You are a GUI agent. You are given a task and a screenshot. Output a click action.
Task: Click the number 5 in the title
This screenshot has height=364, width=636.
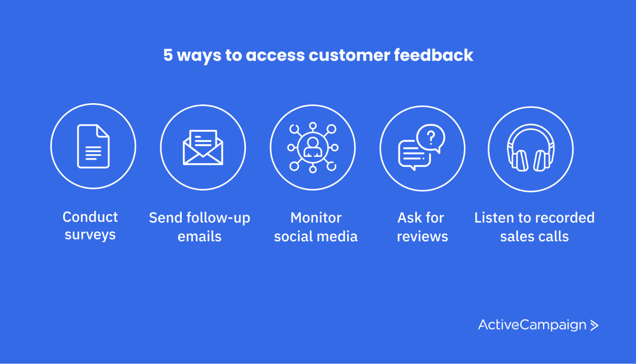click(168, 55)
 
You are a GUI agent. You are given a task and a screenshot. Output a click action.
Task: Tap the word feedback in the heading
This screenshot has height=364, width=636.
click(433, 55)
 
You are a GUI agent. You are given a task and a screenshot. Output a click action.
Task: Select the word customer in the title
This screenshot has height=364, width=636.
click(349, 55)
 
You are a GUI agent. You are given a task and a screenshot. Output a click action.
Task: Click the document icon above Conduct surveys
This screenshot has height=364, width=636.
click(93, 146)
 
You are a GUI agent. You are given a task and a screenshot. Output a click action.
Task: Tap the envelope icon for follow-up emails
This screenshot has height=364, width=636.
click(203, 147)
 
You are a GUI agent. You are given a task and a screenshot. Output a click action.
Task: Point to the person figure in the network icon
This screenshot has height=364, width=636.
click(313, 147)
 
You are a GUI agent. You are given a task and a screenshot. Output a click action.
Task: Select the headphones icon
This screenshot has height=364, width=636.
click(531, 148)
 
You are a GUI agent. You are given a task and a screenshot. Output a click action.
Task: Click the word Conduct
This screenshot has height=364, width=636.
click(90, 217)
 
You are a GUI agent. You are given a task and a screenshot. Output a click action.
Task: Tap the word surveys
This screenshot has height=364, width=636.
click(90, 235)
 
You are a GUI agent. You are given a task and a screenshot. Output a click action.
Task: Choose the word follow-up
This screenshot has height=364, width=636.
click(218, 218)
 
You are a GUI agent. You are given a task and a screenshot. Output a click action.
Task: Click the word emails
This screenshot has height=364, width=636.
click(199, 237)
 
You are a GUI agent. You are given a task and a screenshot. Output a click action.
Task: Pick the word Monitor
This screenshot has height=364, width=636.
click(316, 218)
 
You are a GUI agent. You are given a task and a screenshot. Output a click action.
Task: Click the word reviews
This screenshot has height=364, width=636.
click(422, 237)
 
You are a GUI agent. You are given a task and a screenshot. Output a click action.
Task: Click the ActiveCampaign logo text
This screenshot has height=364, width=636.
click(532, 325)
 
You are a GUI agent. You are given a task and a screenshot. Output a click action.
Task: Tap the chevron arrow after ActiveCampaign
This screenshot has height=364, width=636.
click(594, 325)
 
